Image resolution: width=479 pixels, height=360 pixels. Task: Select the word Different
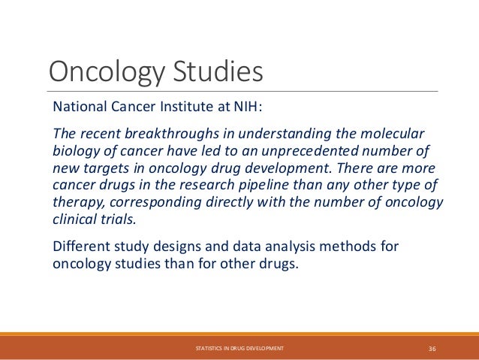(82, 245)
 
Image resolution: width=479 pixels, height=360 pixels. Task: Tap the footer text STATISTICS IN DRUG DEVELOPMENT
(239, 348)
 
